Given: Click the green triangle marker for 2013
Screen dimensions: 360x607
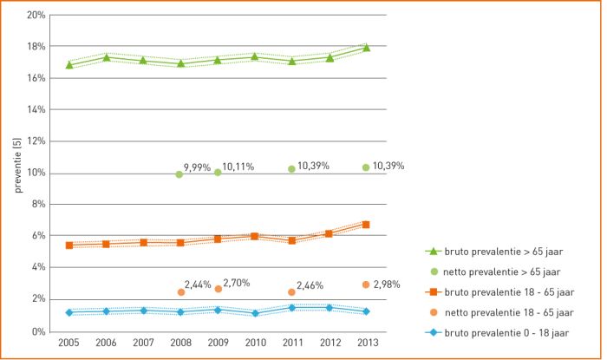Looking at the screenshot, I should click(x=366, y=48).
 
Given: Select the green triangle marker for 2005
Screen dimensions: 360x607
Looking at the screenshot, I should click(x=69, y=64).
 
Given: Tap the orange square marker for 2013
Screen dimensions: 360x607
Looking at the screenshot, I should click(x=366, y=225).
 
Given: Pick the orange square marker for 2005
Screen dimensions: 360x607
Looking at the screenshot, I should click(x=69, y=245).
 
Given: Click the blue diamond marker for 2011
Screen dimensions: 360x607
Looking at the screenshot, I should click(x=292, y=307).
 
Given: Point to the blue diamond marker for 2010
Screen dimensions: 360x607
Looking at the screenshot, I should click(x=255, y=312).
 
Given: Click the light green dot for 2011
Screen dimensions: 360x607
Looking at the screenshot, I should click(x=292, y=169).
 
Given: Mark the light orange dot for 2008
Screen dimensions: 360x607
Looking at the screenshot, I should click(x=180, y=292).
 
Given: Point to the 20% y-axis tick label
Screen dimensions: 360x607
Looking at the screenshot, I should click(x=36, y=15).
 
